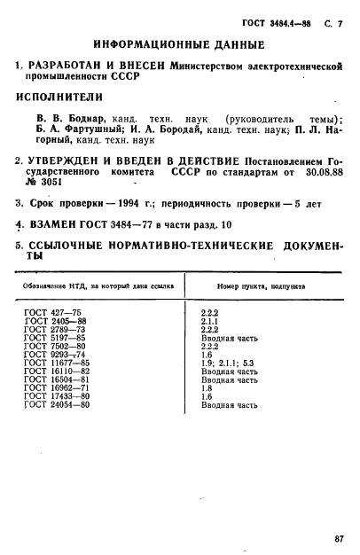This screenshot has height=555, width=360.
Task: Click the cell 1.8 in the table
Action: [x=207, y=387]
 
